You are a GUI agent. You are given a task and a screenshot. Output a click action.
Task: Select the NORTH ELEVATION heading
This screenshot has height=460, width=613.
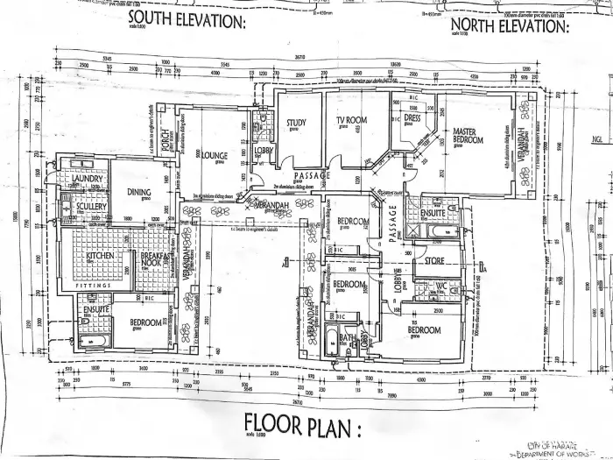click(509, 26)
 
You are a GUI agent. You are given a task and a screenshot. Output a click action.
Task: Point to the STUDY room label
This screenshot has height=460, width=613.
click(295, 123)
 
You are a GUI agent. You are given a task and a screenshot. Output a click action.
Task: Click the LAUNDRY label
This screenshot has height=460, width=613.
click(88, 180)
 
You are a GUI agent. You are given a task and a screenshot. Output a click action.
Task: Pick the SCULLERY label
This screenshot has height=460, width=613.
click(91, 207)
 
